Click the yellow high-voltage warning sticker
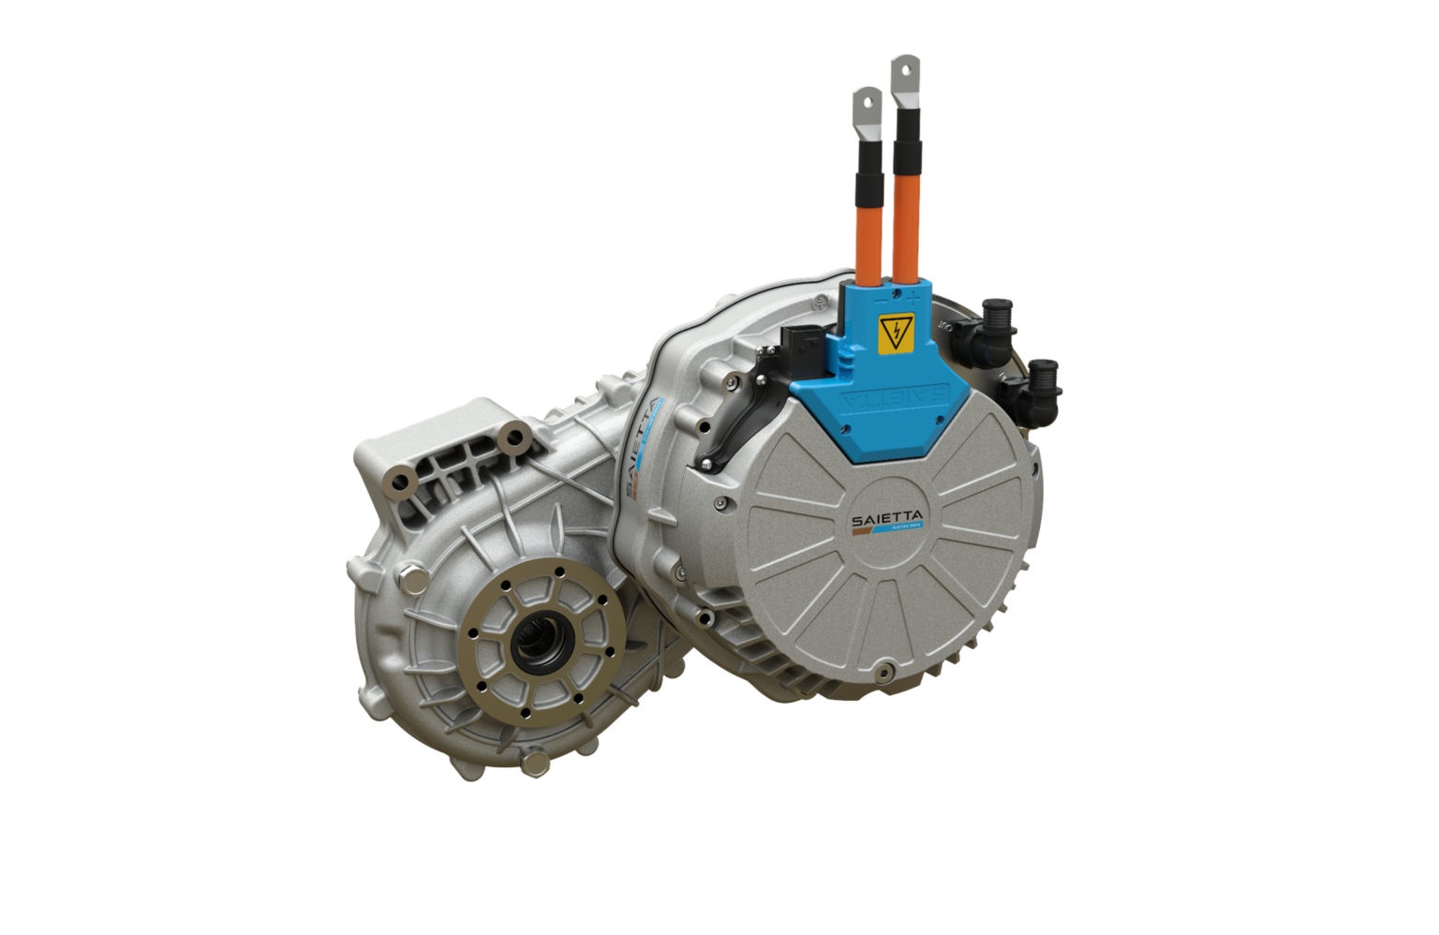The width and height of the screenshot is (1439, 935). tap(895, 333)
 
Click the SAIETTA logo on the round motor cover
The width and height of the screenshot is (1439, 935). tap(887, 522)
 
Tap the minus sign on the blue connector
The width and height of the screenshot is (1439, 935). tap(882, 302)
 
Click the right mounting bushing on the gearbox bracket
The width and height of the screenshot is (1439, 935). tap(512, 437)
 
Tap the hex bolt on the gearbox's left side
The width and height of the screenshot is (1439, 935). tap(411, 579)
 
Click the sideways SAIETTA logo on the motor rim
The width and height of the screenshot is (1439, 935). tap(641, 448)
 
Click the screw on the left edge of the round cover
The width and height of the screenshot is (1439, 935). tap(719, 504)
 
